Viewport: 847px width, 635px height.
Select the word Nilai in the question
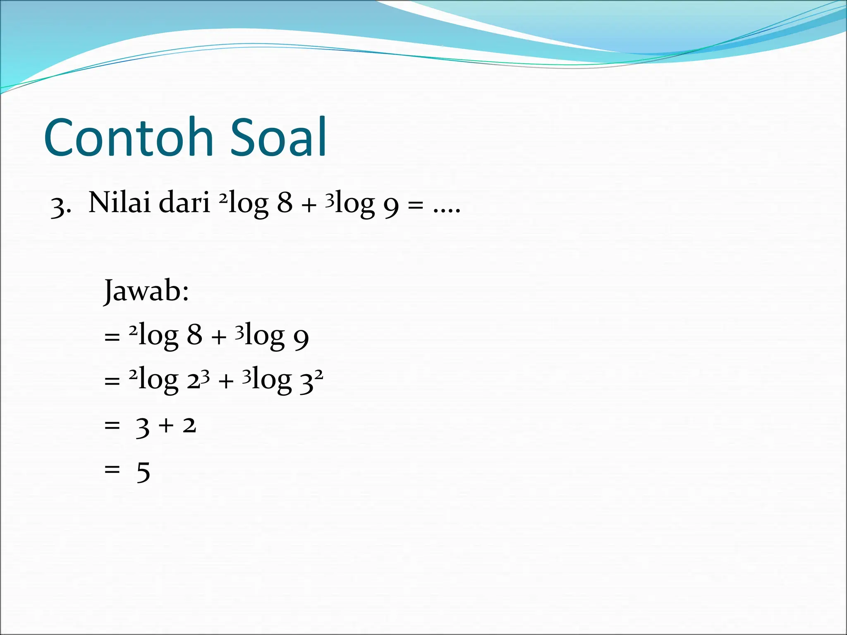click(120, 203)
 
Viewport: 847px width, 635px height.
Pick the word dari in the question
click(184, 203)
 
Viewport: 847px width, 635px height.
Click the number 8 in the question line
click(285, 203)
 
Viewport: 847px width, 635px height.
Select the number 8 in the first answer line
click(194, 334)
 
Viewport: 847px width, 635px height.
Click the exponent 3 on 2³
click(205, 375)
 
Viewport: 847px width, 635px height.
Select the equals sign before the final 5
click(112, 469)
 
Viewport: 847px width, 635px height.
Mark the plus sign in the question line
click(309, 205)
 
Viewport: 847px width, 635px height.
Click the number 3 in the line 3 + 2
click(142, 427)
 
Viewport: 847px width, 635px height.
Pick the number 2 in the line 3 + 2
click(189, 425)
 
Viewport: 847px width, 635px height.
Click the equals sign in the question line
click(415, 205)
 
